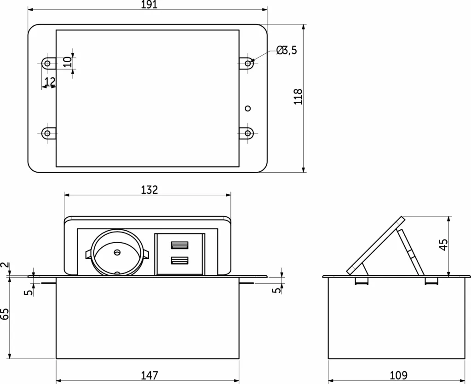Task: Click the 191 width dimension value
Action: pyautogui.click(x=149, y=5)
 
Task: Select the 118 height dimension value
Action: pyautogui.click(x=298, y=97)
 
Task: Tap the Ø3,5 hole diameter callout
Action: pyautogui.click(x=287, y=51)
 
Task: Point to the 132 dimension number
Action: pyautogui.click(x=149, y=190)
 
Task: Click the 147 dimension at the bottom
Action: pyautogui.click(x=149, y=376)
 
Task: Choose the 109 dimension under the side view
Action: pyautogui.click(x=398, y=376)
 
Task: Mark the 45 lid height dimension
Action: pyautogui.click(x=443, y=245)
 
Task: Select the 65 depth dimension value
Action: pyautogui.click(x=5, y=314)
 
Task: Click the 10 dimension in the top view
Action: pyautogui.click(x=68, y=62)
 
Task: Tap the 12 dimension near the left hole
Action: pyautogui.click(x=50, y=81)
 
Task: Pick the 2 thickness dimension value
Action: pyautogui.click(x=5, y=266)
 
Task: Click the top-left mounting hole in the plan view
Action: pyautogui.click(x=46, y=63)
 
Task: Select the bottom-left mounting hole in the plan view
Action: pyautogui.click(x=46, y=133)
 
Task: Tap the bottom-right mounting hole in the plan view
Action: pyautogui.click(x=248, y=133)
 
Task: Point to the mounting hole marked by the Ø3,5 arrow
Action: pyautogui.click(x=248, y=63)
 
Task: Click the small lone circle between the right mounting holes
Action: pyautogui.click(x=248, y=109)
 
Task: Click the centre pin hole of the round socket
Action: pyautogui.click(x=117, y=252)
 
